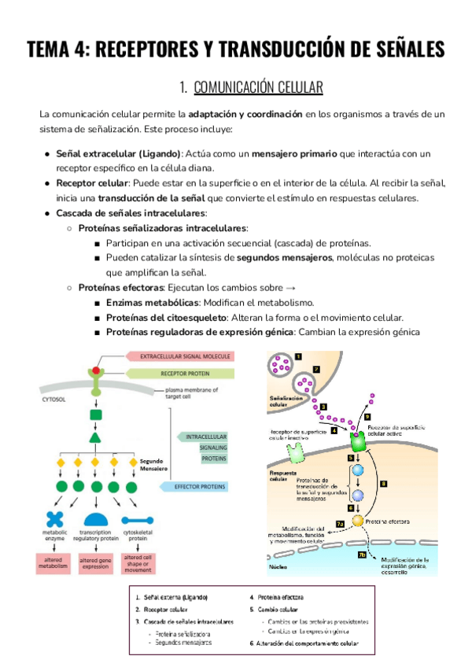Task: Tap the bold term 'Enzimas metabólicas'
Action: [152, 302]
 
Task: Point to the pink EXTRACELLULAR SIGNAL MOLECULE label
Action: [184, 356]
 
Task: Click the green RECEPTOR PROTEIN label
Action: [184, 374]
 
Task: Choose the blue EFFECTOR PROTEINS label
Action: [203, 487]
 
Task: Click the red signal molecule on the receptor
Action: [97, 370]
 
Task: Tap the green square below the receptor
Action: [95, 415]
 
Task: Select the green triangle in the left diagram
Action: [95, 437]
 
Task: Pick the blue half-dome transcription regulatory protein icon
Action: [95, 519]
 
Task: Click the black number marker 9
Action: [367, 416]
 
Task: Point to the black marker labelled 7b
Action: [340, 555]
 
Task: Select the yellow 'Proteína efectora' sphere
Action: [358, 520]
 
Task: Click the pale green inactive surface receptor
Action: [297, 452]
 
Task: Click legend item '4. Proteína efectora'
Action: [276, 597]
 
